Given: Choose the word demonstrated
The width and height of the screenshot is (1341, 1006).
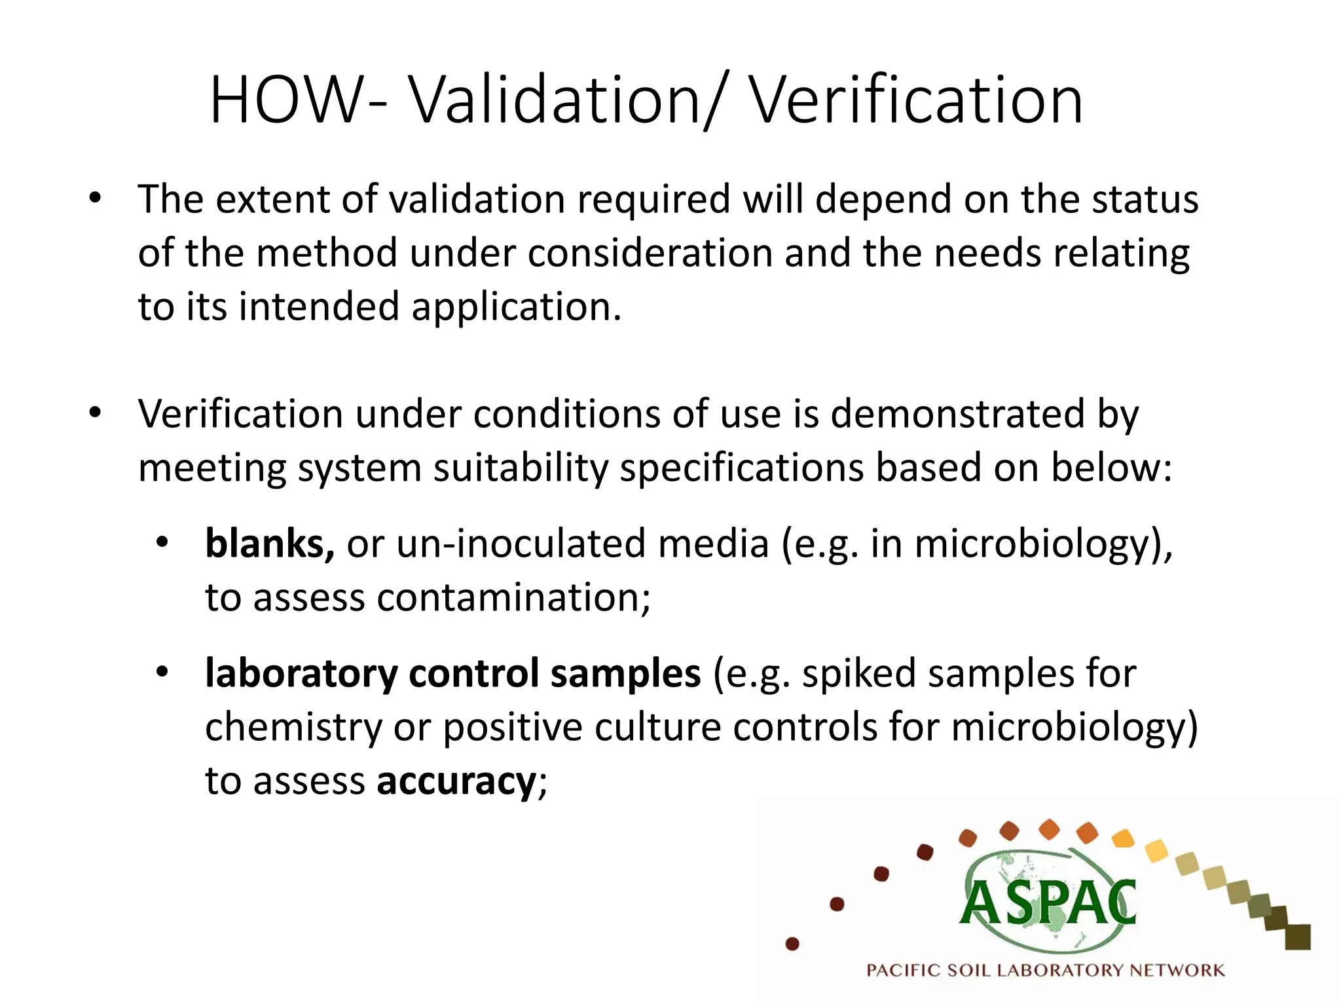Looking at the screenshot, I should [x=957, y=414].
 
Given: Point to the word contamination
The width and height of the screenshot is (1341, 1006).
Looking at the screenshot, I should [x=513, y=597].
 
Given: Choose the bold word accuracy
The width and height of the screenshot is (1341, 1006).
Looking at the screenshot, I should [x=456, y=781].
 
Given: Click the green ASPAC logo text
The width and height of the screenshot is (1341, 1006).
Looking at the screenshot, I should [x=1048, y=903].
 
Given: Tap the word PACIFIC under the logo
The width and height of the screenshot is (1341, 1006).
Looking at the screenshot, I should [x=905, y=970].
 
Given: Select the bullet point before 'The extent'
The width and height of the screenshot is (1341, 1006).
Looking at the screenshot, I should [x=96, y=198].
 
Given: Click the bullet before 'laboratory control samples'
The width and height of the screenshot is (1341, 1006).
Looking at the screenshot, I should [x=162, y=672].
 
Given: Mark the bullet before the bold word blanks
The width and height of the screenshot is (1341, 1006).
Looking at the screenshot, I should [x=162, y=542].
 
